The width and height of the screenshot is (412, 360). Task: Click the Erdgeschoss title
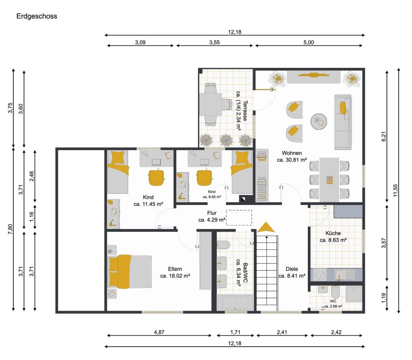[37, 16]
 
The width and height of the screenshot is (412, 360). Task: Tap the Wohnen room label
[292, 153]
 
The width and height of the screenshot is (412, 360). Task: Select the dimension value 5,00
[309, 42]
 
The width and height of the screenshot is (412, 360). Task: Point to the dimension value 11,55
[396, 190]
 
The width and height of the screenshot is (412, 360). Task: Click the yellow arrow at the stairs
[266, 228]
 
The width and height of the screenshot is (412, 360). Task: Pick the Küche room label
[333, 233]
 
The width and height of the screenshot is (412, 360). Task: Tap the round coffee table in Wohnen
[319, 122]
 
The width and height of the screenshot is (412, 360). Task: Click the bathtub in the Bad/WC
[235, 303]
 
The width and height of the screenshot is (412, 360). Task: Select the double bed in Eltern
[130, 272]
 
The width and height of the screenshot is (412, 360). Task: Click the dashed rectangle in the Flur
[239, 217]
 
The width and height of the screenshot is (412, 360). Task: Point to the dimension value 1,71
[235, 332]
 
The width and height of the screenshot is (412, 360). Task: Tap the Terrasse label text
[245, 111]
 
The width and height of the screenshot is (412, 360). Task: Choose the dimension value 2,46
[31, 176]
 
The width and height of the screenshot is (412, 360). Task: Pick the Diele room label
[292, 269]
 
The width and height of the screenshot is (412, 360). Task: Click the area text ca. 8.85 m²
[212, 197]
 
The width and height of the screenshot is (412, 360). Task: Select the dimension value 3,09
[140, 42]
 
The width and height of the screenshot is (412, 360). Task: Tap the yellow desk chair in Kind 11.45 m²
[157, 178]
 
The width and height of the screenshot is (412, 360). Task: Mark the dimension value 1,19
[383, 298]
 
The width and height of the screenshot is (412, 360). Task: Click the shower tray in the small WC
[354, 294]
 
